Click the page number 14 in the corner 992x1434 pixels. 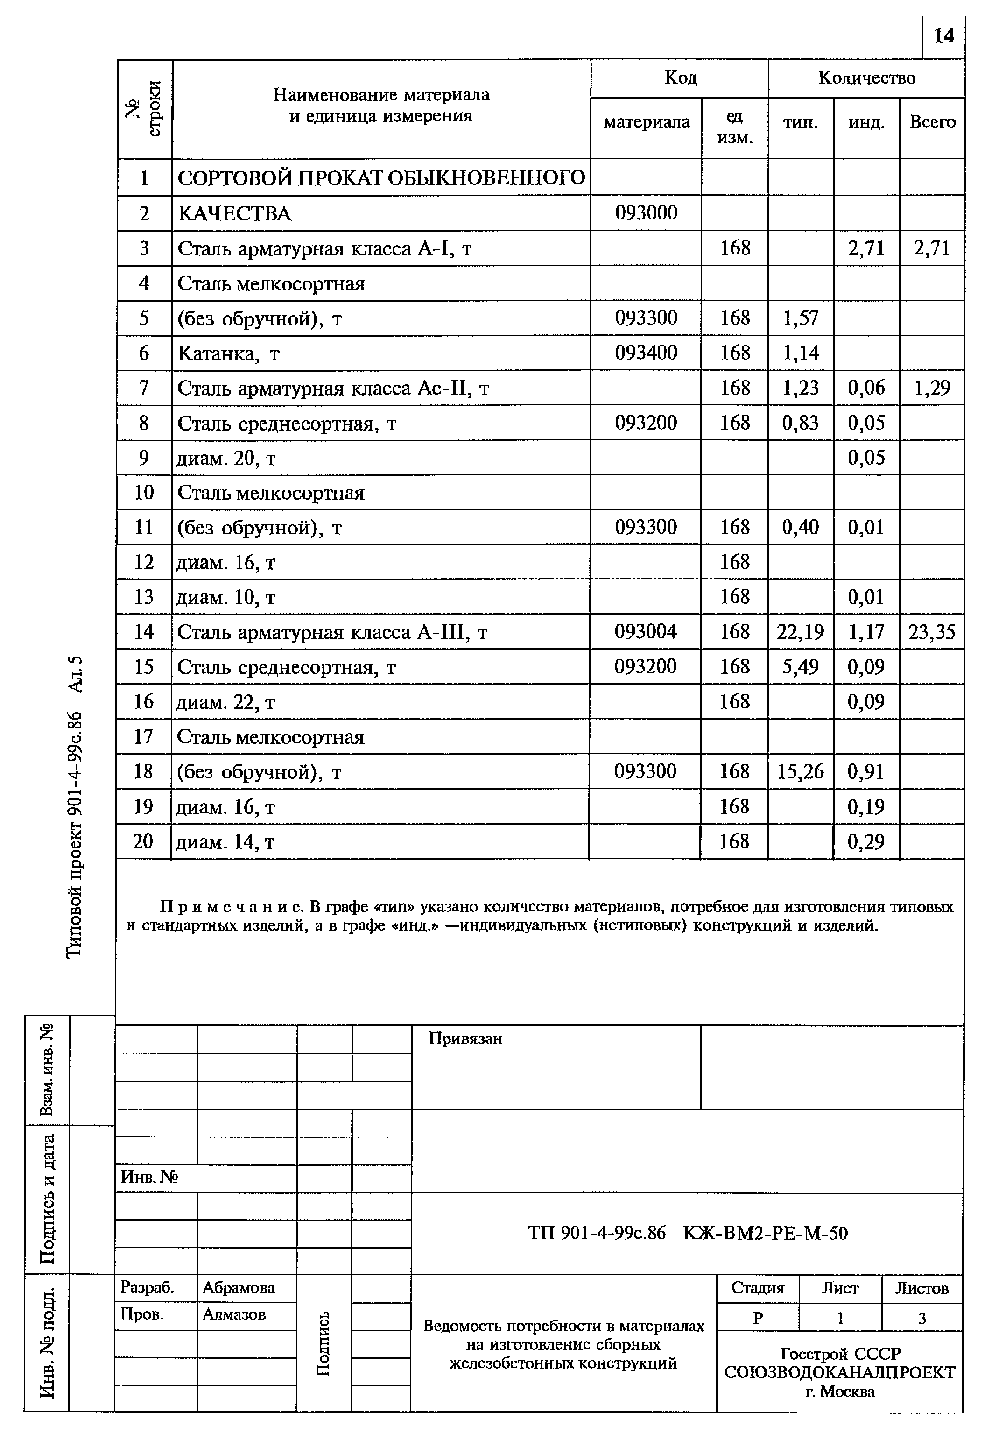(943, 36)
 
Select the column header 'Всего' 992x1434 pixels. (932, 122)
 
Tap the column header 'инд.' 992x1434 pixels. (866, 122)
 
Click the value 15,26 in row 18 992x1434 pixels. (800, 771)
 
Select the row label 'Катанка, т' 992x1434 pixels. (229, 353)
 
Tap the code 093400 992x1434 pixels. (646, 353)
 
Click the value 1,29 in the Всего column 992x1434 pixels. (932, 388)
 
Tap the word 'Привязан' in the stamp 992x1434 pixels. (465, 1038)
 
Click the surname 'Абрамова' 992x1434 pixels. (238, 1287)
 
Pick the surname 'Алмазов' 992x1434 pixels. (234, 1314)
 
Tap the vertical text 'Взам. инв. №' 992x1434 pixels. (47, 1069)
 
